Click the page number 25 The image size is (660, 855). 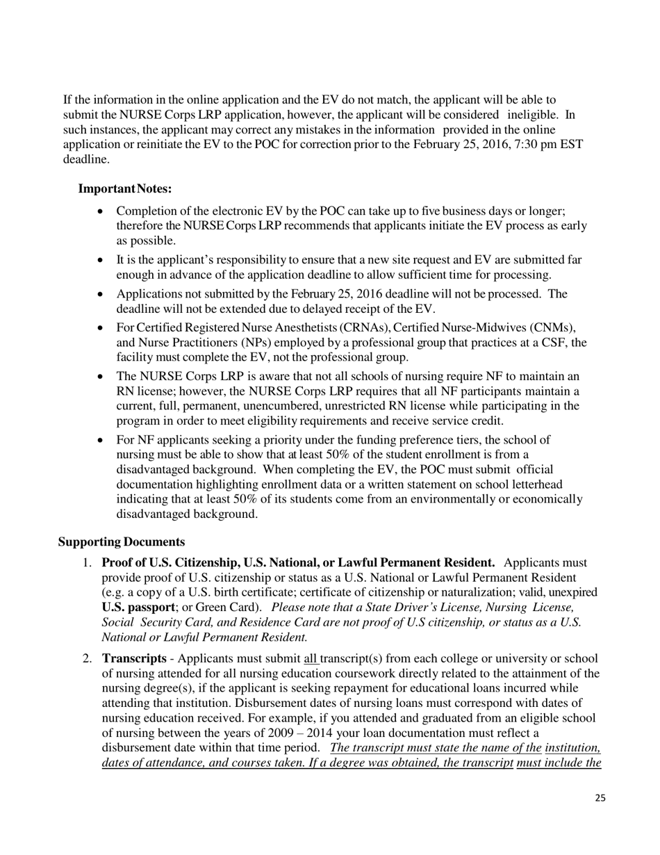(600, 798)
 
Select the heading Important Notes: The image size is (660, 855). (125, 189)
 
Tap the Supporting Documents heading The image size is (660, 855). (122, 541)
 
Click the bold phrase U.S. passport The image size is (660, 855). (138, 607)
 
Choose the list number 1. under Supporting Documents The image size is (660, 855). (88, 562)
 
